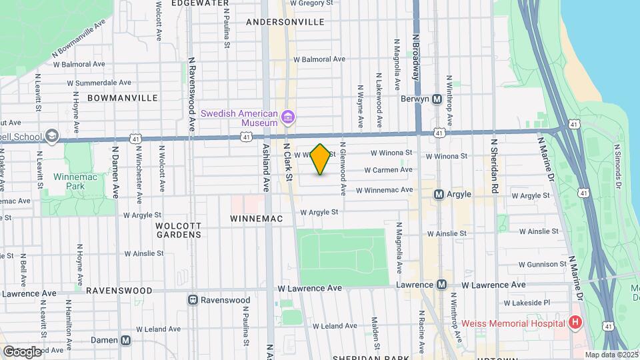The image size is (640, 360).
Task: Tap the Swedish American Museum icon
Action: [x=288, y=119]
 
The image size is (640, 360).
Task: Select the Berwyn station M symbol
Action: [x=437, y=99]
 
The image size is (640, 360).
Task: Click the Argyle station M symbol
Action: [x=439, y=195]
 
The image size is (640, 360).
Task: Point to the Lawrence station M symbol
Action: [x=441, y=285]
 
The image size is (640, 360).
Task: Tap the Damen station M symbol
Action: [x=126, y=340]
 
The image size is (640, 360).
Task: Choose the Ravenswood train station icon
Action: [x=193, y=300]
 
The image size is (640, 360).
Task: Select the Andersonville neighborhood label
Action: [x=285, y=22]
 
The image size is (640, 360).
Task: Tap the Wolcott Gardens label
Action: [x=179, y=230]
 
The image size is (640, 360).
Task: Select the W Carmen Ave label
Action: [x=387, y=170]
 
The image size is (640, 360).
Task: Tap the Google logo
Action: [x=22, y=351]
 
